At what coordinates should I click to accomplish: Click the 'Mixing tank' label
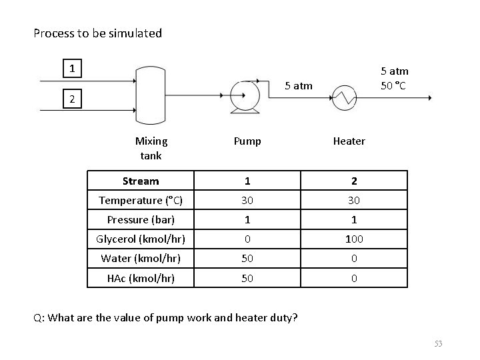coord(151,148)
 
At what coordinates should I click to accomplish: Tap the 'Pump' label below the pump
coord(247,141)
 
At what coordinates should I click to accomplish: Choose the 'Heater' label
coord(349,141)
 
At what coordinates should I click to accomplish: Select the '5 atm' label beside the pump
coord(298,85)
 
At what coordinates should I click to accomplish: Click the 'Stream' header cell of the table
coord(141,181)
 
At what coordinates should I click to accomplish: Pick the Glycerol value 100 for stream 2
coord(354,239)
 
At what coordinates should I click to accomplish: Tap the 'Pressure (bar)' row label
coord(141,220)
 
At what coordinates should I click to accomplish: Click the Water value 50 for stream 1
coord(247,259)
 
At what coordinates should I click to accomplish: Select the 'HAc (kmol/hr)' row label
coord(141,278)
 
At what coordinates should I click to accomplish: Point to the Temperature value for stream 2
coord(354,201)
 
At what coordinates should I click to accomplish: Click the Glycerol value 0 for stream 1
coord(247,239)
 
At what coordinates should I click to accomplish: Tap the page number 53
coord(438,343)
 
